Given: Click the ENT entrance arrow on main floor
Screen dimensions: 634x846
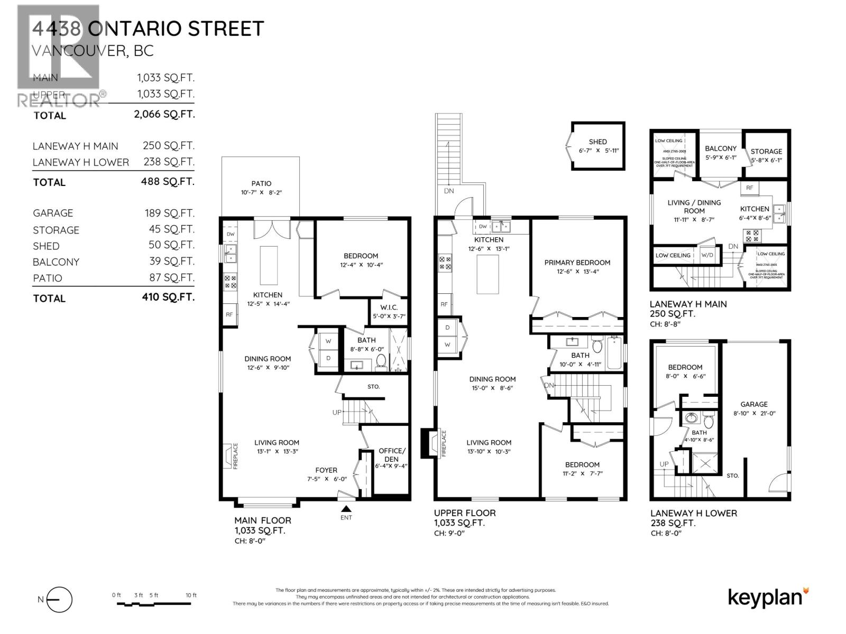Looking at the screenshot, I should click(x=346, y=509).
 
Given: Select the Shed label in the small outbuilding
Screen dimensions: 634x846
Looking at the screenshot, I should click(x=597, y=142).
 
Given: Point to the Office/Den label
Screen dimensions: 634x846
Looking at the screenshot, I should click(x=391, y=455).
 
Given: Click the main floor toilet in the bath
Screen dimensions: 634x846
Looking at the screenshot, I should click(x=380, y=362).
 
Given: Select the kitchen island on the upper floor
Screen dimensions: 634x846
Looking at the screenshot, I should click(x=488, y=274).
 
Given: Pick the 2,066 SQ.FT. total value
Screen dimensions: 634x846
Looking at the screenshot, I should click(x=164, y=114).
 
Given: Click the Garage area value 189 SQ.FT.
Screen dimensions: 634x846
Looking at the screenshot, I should click(x=169, y=213).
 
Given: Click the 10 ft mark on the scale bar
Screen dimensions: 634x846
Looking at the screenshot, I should click(x=191, y=595).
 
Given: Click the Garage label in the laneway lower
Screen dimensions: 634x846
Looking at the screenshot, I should click(x=754, y=404).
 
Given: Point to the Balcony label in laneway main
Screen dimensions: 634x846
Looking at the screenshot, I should click(x=720, y=148).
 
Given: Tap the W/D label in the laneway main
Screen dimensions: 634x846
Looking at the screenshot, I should click(x=707, y=255).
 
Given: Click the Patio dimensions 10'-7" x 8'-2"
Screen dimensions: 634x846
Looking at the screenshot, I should click(x=261, y=193).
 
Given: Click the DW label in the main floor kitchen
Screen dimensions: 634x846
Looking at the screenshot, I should click(x=231, y=234).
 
